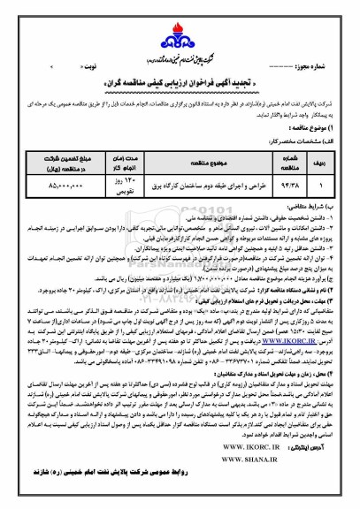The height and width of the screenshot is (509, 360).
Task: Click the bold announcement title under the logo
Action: tap(181, 65)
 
